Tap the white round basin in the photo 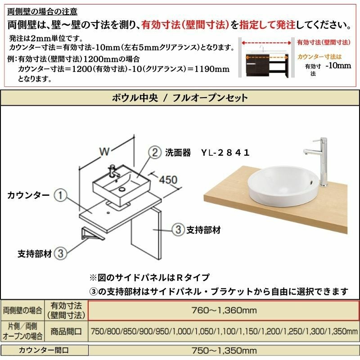283,186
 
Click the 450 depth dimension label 168,180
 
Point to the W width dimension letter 104,152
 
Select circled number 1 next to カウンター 60,195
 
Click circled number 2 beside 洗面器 155,153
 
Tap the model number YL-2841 225,153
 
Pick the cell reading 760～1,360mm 224,310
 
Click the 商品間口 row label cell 66,331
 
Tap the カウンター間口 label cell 44,350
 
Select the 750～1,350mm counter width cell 224,351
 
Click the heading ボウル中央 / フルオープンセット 180,98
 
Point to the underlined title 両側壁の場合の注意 42,12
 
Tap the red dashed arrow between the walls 266,43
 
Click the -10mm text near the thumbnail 338,66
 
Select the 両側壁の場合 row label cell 22,310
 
